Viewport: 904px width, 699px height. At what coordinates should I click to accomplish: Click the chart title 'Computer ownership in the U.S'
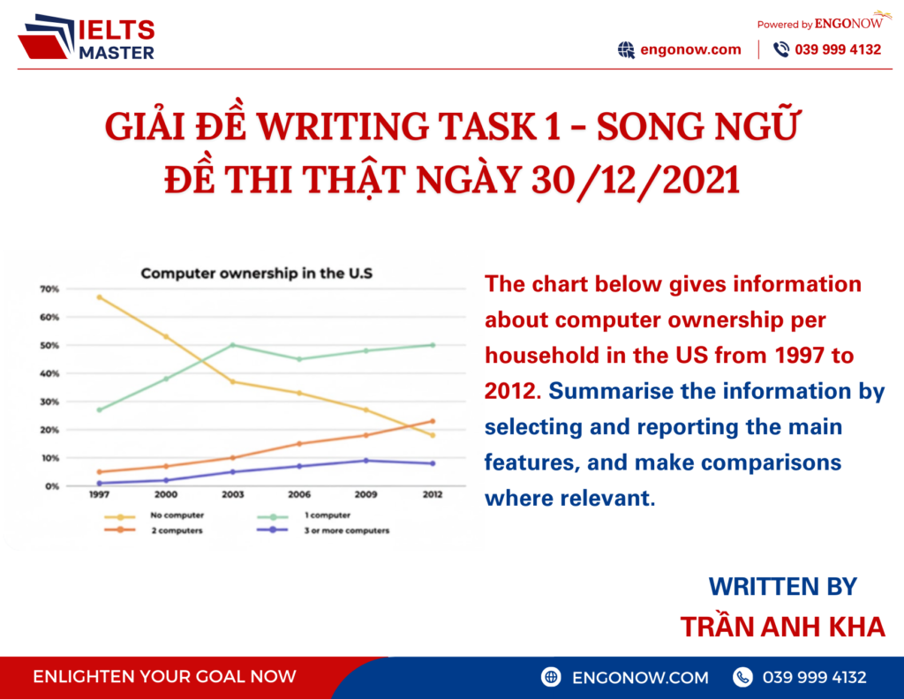pyautogui.click(x=257, y=274)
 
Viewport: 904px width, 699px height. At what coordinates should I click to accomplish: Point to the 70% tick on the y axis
pyautogui.click(x=49, y=289)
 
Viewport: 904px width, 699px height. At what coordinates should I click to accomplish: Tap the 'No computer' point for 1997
pyautogui.click(x=99, y=297)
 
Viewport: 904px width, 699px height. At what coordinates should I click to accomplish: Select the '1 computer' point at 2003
pyautogui.click(x=232, y=345)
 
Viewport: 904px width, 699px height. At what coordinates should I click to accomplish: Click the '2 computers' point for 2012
pyautogui.click(x=433, y=421)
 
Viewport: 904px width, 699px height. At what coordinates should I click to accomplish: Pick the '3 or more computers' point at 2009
pyautogui.click(x=365, y=461)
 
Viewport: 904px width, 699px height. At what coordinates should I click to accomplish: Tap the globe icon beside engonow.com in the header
pyautogui.click(x=626, y=49)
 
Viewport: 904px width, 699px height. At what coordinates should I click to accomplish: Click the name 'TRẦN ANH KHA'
pyautogui.click(x=782, y=627)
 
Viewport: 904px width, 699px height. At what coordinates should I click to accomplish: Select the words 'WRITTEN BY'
pyautogui.click(x=782, y=586)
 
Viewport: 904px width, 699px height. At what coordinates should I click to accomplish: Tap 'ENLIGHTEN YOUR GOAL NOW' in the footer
pyautogui.click(x=164, y=677)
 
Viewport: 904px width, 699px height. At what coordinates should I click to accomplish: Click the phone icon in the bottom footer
pyautogui.click(x=743, y=677)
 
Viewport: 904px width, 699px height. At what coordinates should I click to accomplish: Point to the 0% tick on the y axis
pyautogui.click(x=51, y=486)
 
